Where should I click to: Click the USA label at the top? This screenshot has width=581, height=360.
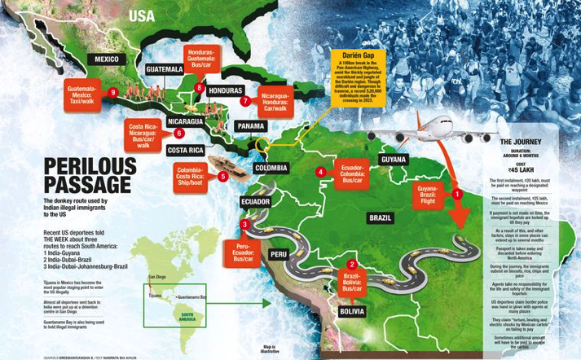pos(141,16)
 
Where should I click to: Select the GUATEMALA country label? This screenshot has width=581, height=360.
pos(164,70)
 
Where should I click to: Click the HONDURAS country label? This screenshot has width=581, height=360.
pos(226,90)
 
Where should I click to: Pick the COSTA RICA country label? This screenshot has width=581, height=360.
pos(185,151)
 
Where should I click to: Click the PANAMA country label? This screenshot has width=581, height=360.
pos(250,127)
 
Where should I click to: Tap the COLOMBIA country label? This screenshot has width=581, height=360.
pos(271,168)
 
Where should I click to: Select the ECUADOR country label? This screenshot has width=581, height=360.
pos(255,201)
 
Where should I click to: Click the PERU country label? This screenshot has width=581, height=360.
pos(279,255)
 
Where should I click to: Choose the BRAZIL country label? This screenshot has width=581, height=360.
pos(381,218)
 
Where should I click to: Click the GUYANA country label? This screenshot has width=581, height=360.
pos(394,160)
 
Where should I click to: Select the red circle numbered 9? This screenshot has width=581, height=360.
pos(113,94)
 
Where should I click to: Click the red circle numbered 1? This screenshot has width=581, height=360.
pos(457,194)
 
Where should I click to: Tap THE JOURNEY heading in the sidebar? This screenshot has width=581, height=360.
pos(522,142)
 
